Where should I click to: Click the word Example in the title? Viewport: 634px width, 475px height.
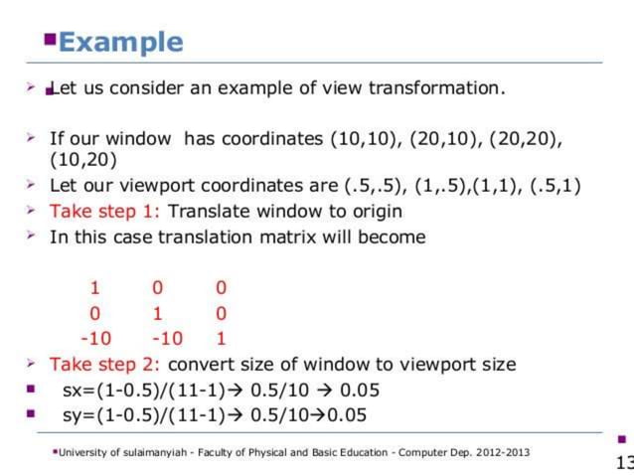click(x=121, y=42)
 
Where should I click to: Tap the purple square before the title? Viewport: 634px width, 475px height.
click(x=50, y=38)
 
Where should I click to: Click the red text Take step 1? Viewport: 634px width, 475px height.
click(x=106, y=211)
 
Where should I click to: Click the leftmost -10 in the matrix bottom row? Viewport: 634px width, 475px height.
click(x=95, y=338)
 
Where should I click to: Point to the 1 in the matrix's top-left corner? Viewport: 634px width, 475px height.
click(x=95, y=288)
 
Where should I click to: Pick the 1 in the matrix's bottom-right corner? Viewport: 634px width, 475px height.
click(x=221, y=338)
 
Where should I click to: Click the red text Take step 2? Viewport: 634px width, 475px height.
click(x=106, y=364)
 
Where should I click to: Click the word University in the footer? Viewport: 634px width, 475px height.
click(x=81, y=453)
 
